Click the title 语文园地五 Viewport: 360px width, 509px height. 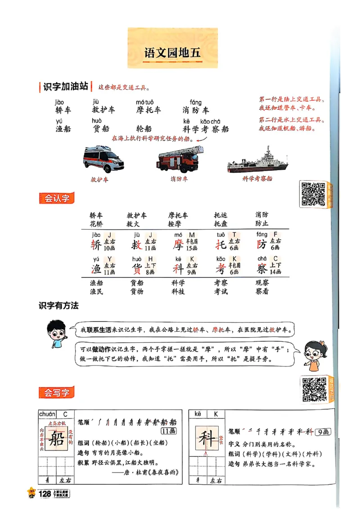click(x=172, y=53)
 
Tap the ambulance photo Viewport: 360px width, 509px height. click(x=103, y=159)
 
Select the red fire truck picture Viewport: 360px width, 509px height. click(x=179, y=159)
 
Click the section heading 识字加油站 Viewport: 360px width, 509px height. click(x=65, y=87)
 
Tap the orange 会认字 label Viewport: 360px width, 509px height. click(x=57, y=198)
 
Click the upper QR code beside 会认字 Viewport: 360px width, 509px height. click(x=313, y=194)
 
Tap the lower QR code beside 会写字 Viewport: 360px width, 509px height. click(x=314, y=389)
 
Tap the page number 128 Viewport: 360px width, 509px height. click(x=45, y=494)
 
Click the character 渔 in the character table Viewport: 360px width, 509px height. click(x=96, y=268)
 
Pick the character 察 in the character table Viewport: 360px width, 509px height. click(x=262, y=268)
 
